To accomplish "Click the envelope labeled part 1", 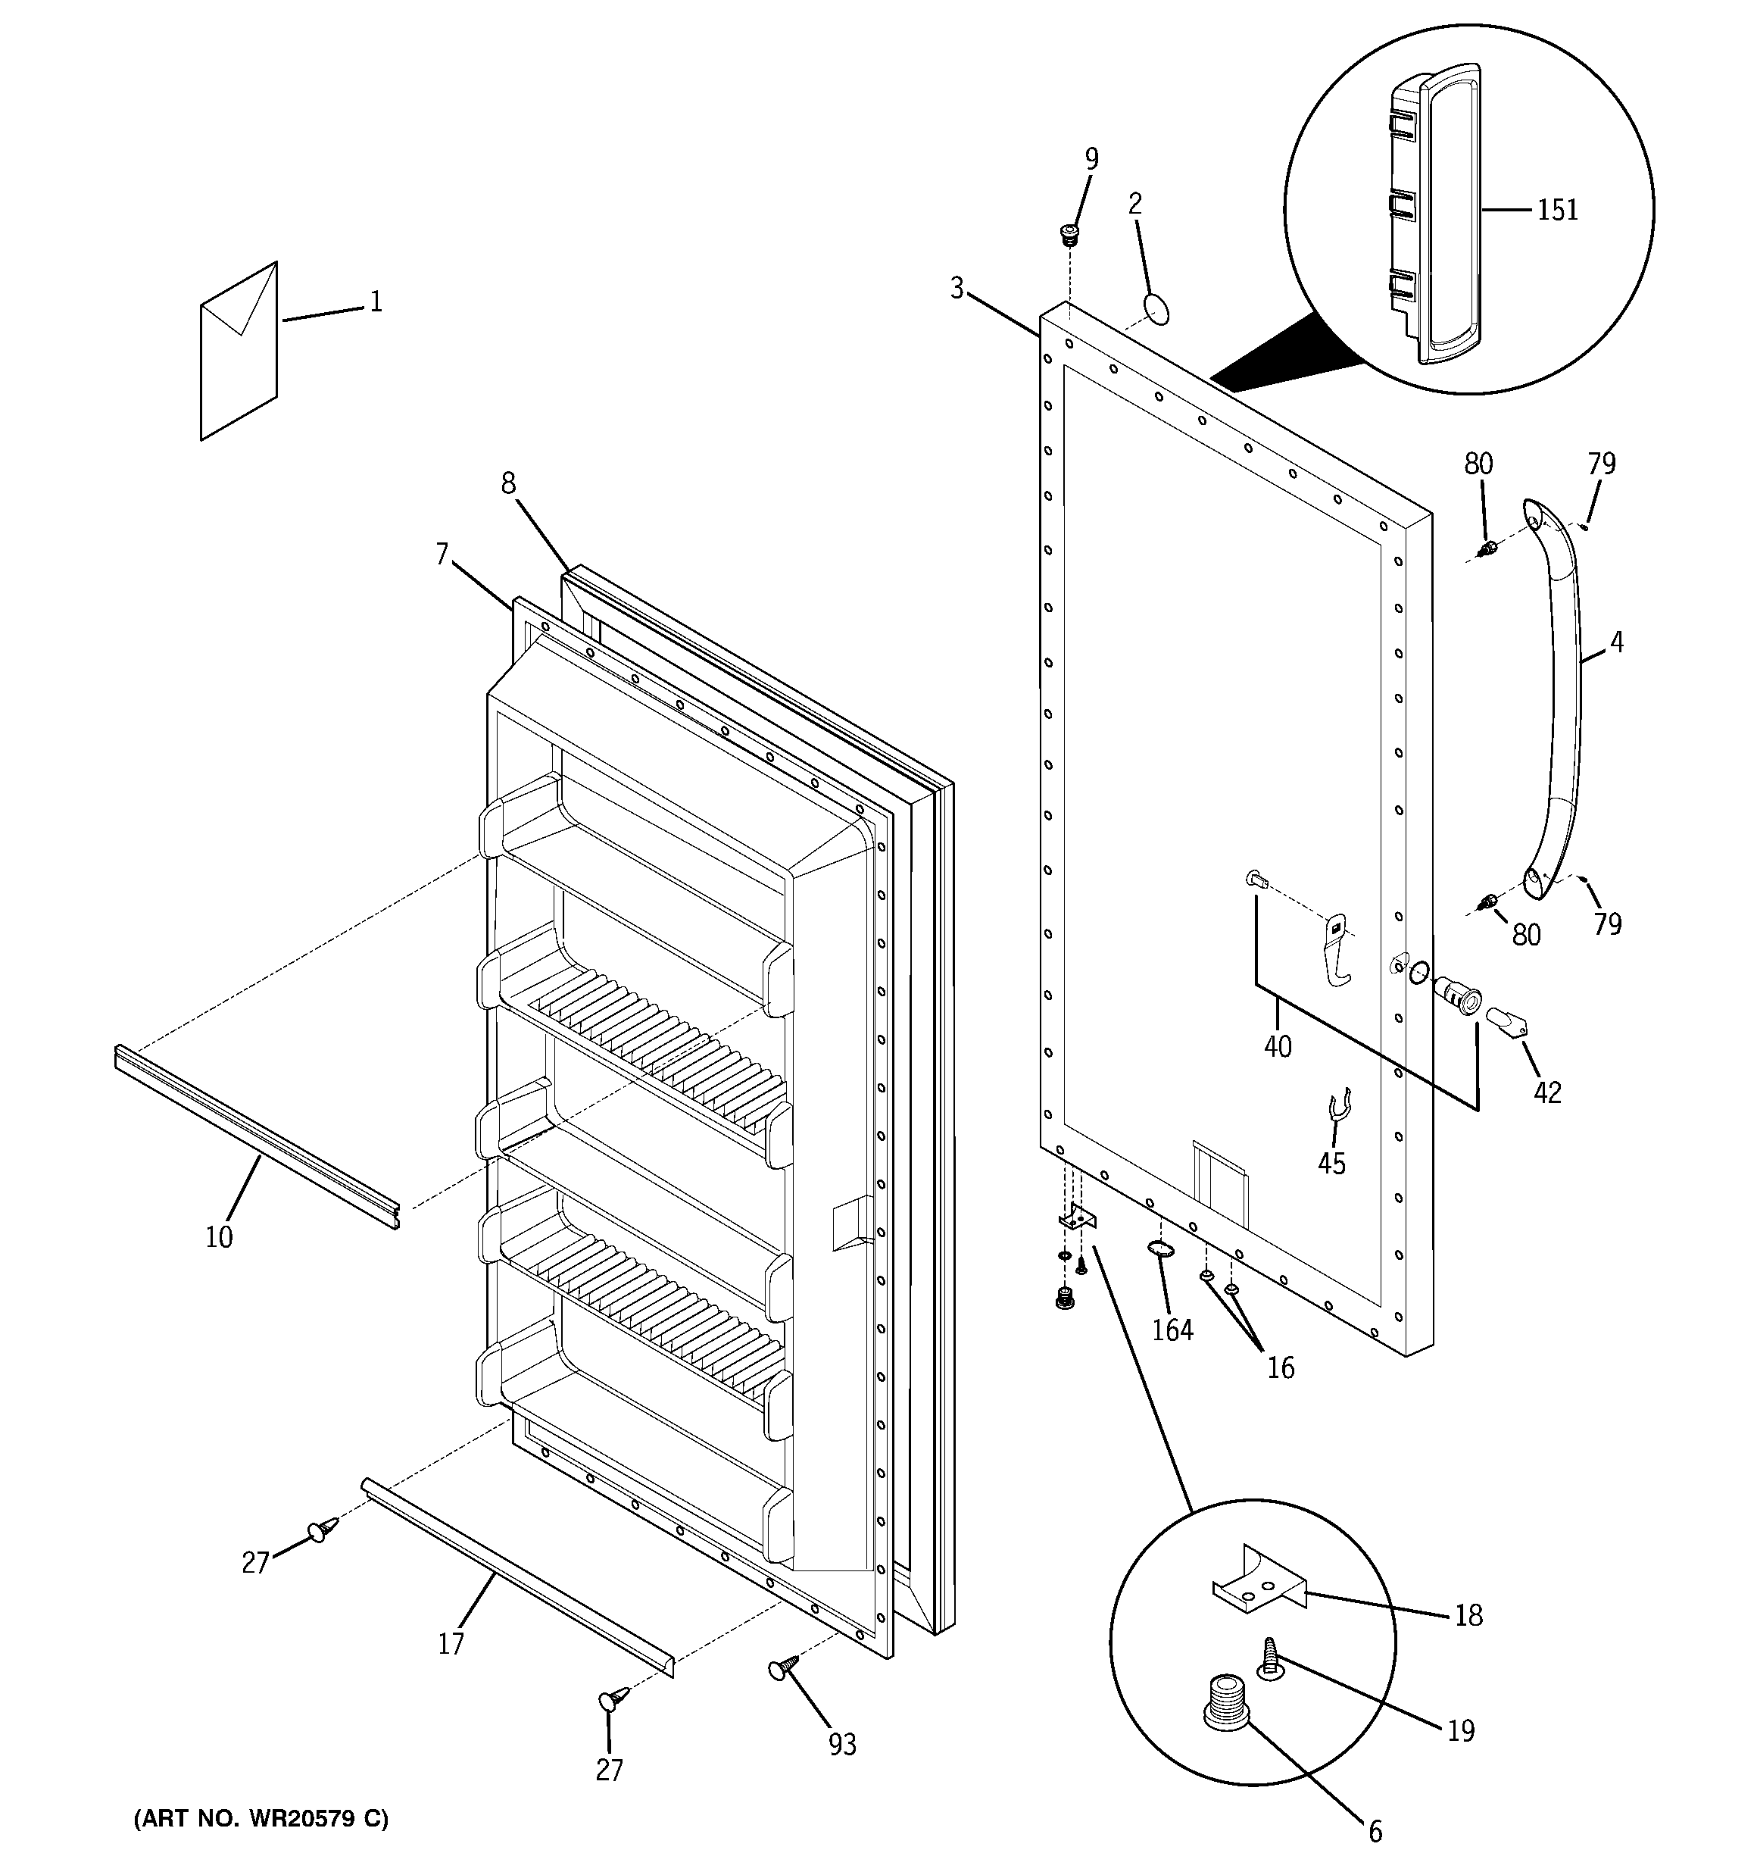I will coord(239,354).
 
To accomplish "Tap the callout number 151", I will coord(1557,209).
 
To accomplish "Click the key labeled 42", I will coord(1509,1024).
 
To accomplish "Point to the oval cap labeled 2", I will coord(1156,308).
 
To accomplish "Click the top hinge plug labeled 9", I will coord(1069,234).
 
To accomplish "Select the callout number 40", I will coord(1278,1046).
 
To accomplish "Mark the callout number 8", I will coord(508,483).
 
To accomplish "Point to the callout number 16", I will coord(1280,1367).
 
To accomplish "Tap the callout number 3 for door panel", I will coord(957,289).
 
